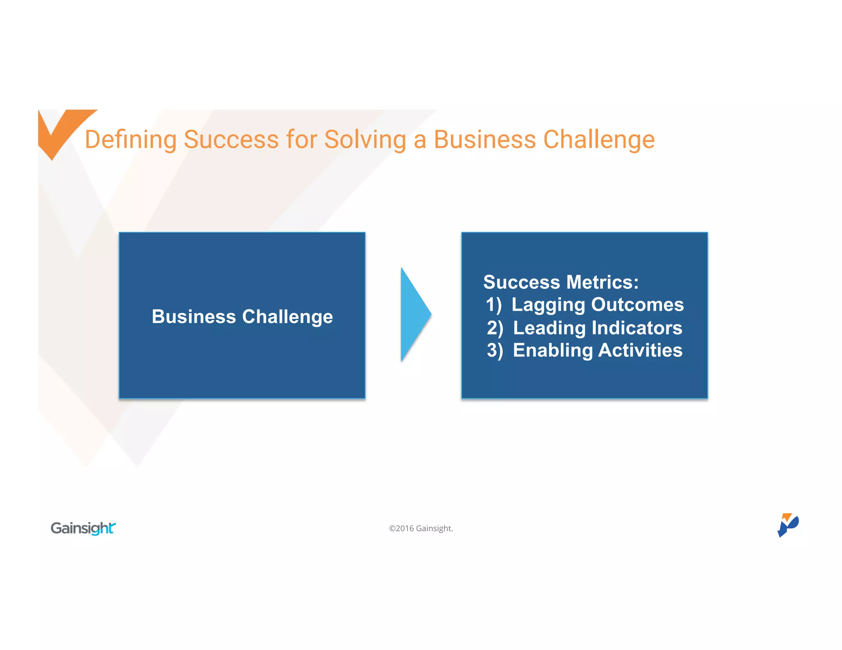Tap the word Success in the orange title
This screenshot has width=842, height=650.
click(x=231, y=140)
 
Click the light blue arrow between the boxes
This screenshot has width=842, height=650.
click(x=414, y=315)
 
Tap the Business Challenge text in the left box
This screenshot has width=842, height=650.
click(x=242, y=317)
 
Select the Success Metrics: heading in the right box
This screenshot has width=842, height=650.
click(x=561, y=282)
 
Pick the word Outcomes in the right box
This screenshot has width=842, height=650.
click(x=637, y=305)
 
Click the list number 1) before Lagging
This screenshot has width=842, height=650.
click(x=493, y=305)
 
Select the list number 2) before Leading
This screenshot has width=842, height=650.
click(x=495, y=328)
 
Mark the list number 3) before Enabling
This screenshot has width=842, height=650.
click(x=495, y=351)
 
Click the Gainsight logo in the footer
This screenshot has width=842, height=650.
click(x=83, y=528)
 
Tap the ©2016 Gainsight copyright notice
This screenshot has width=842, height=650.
click(x=421, y=528)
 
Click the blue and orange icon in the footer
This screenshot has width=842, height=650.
click(x=787, y=525)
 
